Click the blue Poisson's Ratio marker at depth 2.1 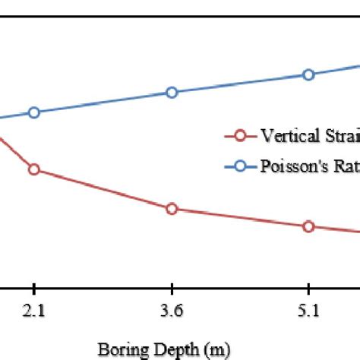33,112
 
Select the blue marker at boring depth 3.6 172,92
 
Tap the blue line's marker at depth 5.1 308,74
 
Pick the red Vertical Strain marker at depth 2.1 33,169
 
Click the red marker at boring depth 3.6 172,209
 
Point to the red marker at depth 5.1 308,226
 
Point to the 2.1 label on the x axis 33,311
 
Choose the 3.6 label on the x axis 172,311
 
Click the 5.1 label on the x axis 308,311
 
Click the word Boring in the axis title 117,350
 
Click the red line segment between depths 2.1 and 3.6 103,189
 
